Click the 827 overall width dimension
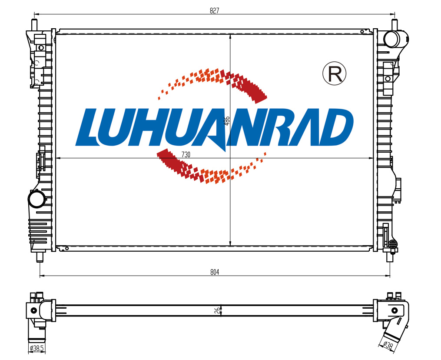pos(214,11)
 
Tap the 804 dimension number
pos(215,272)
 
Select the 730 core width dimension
pos(186,154)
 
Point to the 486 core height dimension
pos(227,120)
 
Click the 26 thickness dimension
pos(217,310)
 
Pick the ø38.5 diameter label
pos(36,348)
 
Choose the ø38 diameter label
pos(388,345)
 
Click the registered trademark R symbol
pos(334,74)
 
